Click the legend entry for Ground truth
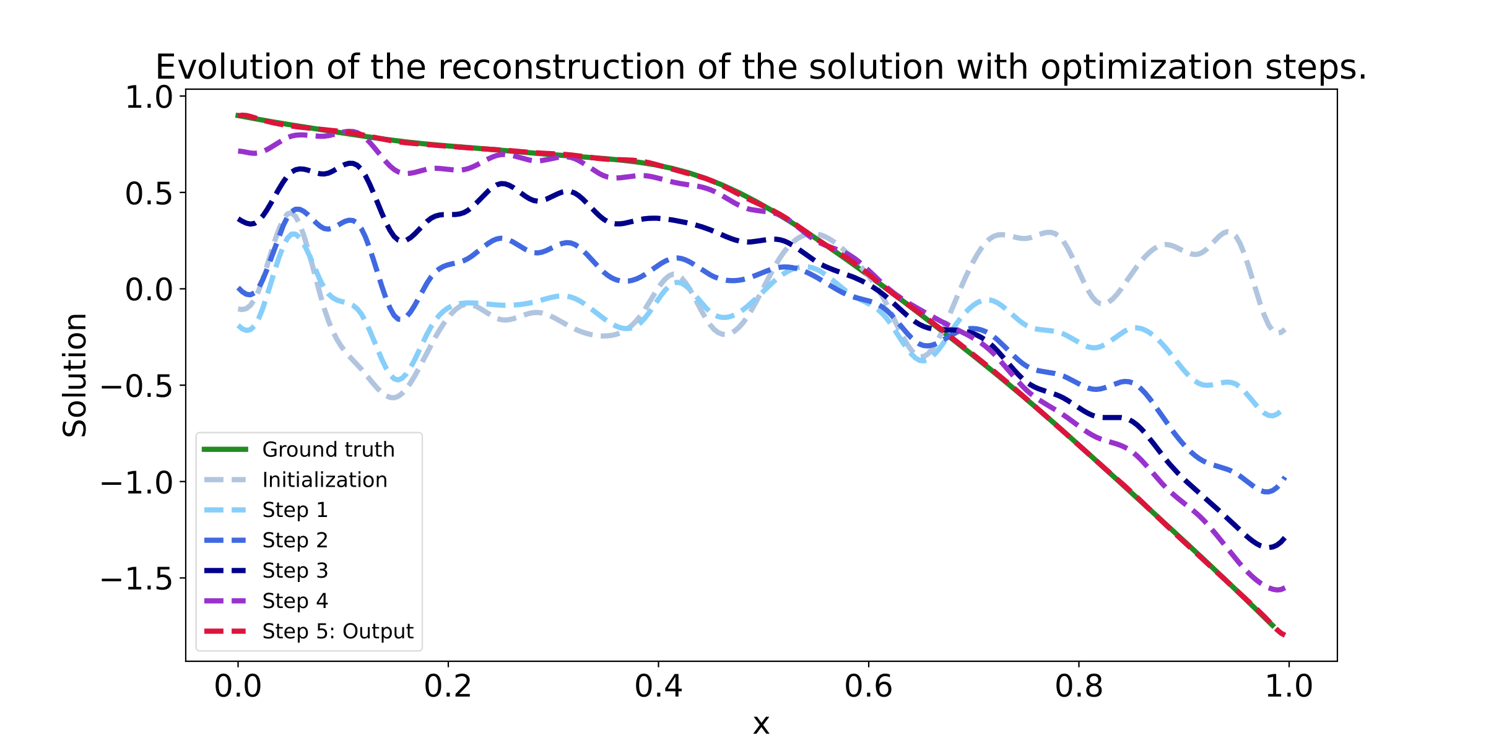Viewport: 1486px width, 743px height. [x=328, y=450]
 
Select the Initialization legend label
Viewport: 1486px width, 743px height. [x=324, y=480]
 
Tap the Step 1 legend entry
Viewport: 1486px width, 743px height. [x=295, y=510]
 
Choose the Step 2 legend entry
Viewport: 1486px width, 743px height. [x=295, y=541]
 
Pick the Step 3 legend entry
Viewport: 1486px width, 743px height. [x=295, y=571]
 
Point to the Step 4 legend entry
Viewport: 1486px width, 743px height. [x=295, y=601]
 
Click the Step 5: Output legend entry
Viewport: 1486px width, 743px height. [x=337, y=632]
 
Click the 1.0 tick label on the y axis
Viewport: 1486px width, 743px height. [x=149, y=97]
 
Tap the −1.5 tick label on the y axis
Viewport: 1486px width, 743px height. [x=136, y=579]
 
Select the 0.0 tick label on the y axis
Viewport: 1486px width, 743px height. [x=149, y=290]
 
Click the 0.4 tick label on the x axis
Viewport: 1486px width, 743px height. [x=658, y=687]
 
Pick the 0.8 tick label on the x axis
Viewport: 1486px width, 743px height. [x=1079, y=687]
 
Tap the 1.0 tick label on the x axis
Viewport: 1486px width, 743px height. [x=1288, y=687]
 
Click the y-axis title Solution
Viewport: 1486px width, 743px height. [x=76, y=375]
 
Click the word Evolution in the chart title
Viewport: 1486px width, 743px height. [x=235, y=67]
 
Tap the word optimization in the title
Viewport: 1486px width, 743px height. [x=1146, y=67]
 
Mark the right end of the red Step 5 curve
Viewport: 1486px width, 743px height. [x=1285, y=635]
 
